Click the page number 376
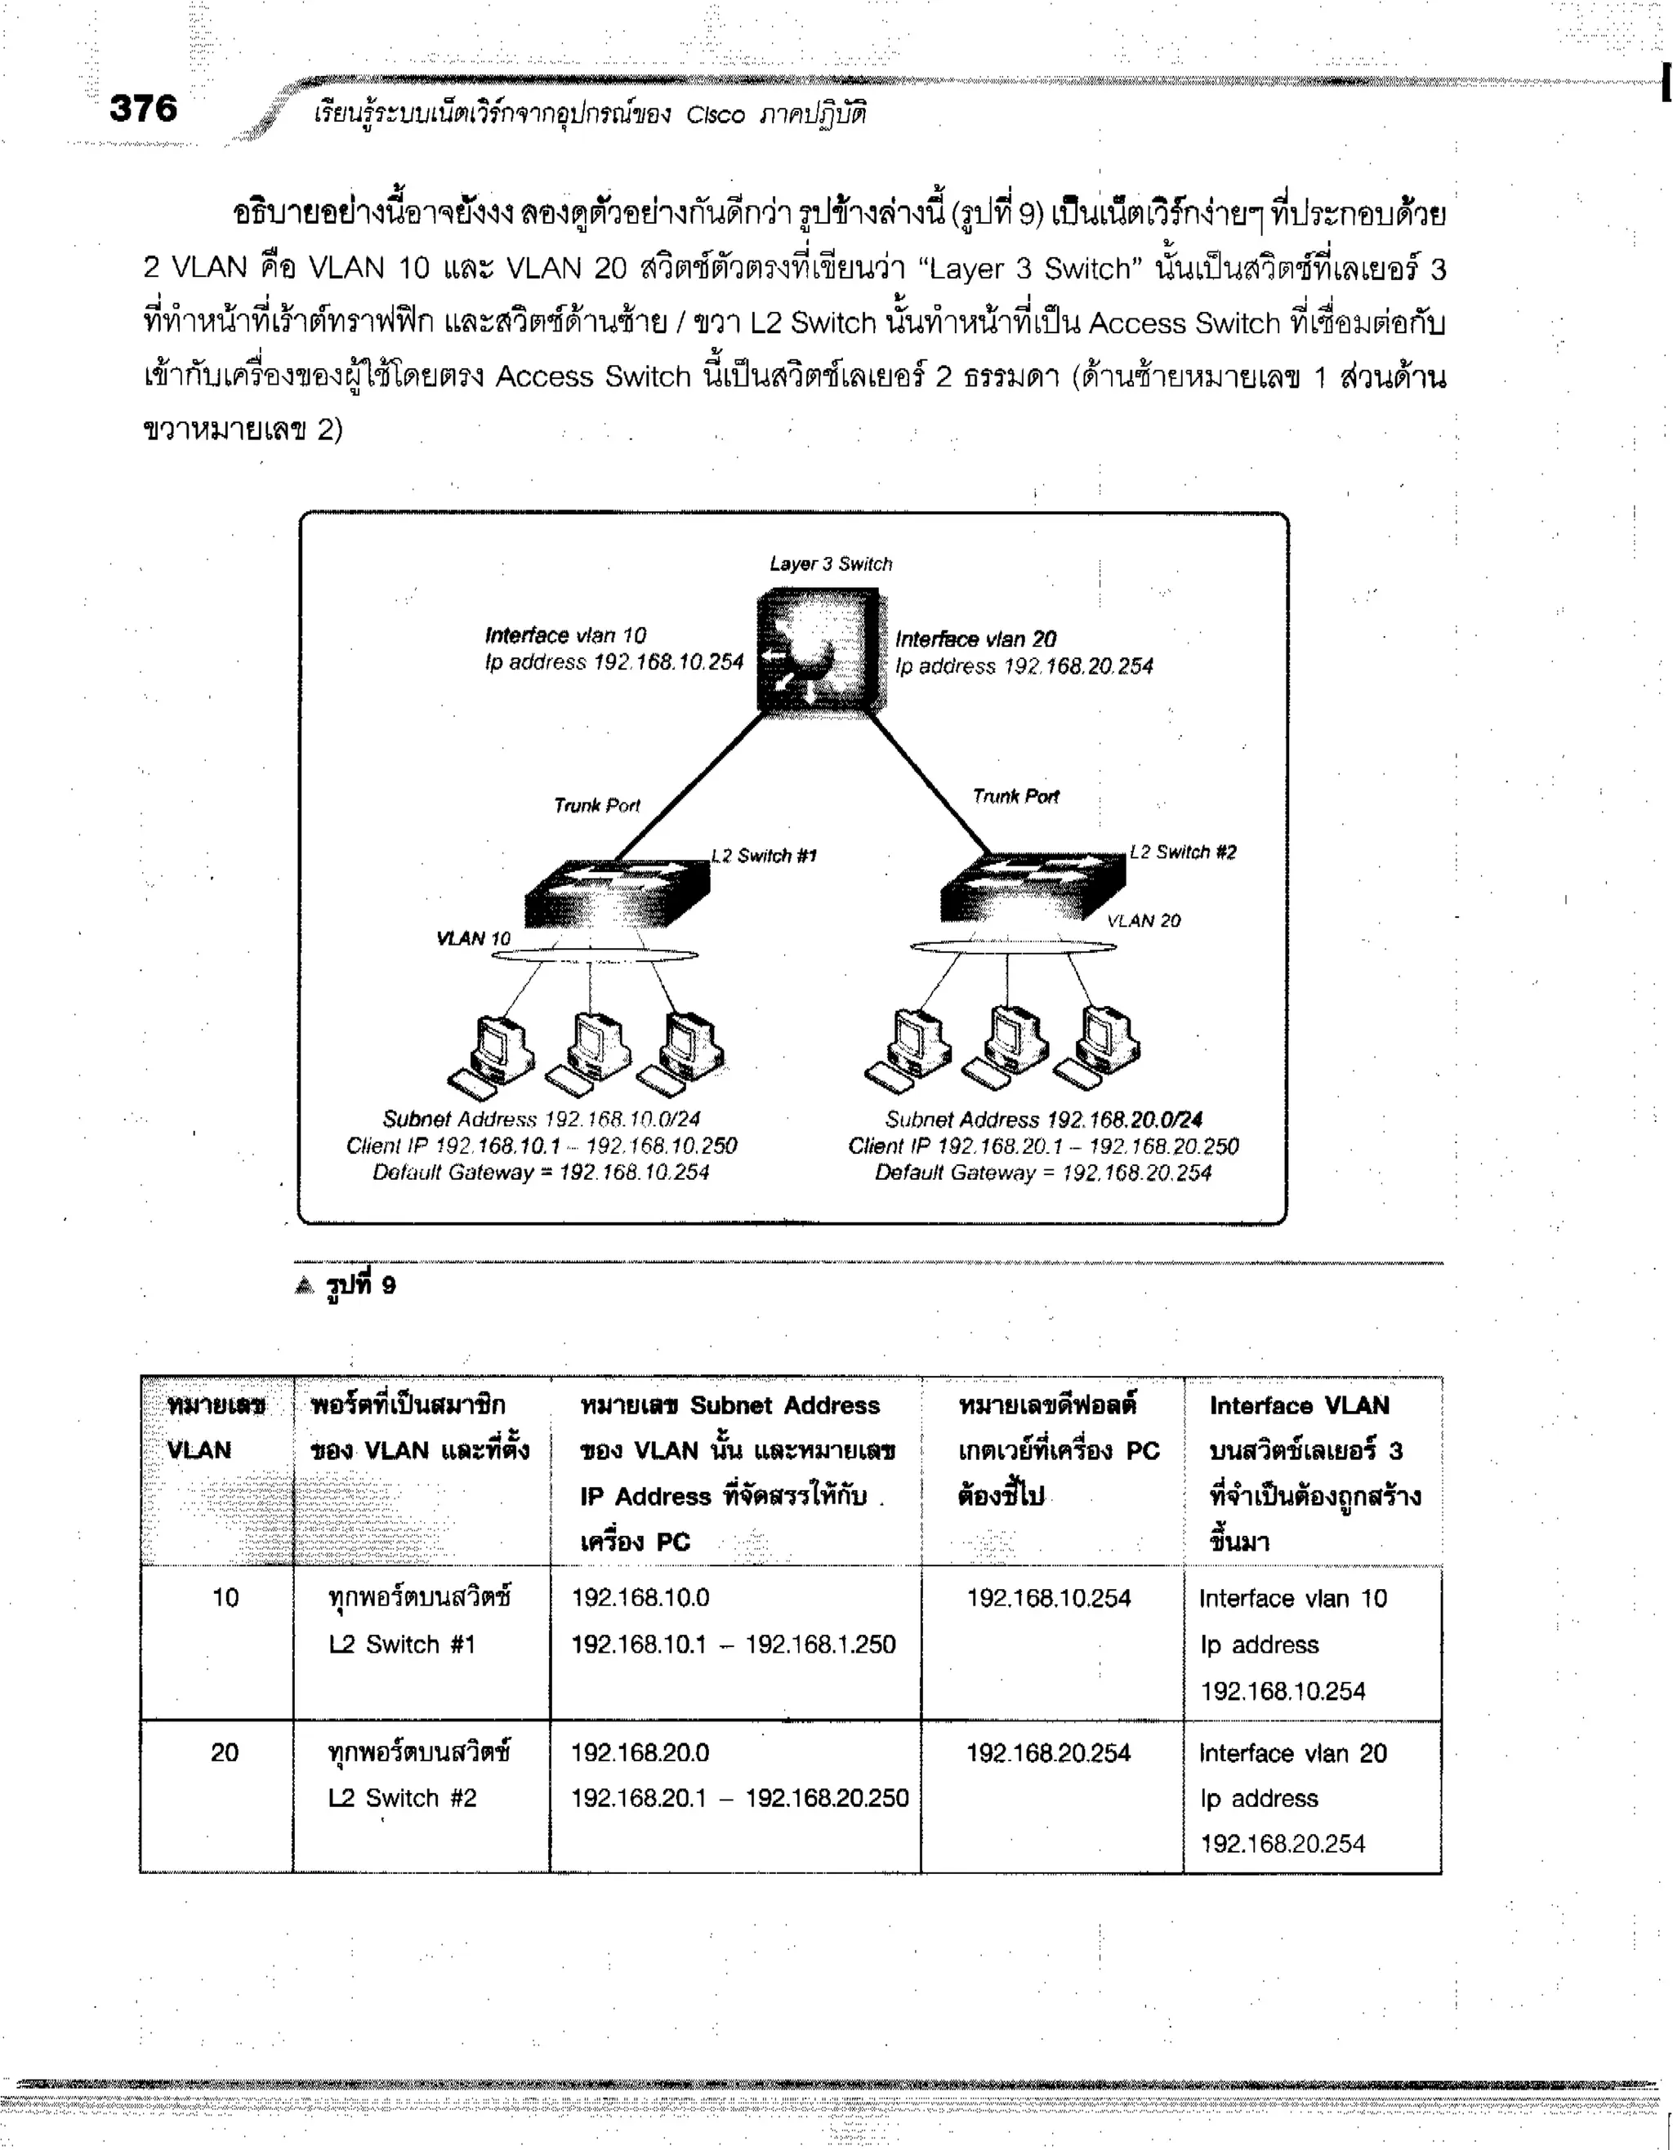pyautogui.click(x=144, y=109)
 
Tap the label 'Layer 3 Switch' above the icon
pyautogui.click(x=830, y=564)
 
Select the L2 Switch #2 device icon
pyautogui.click(x=1033, y=887)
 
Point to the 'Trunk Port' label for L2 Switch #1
pyautogui.click(x=596, y=805)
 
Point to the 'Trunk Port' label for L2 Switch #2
pyautogui.click(x=1015, y=796)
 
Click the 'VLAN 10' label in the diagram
pyautogui.click(x=474, y=938)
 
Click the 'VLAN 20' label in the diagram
pyautogui.click(x=1143, y=920)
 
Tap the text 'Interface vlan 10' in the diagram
pyautogui.click(x=565, y=636)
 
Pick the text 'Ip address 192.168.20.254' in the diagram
pyautogui.click(x=1024, y=666)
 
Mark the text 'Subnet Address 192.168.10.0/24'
pyautogui.click(x=541, y=1120)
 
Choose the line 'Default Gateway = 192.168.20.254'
pyautogui.click(x=1043, y=1173)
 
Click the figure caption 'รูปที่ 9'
pyautogui.click(x=360, y=1284)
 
